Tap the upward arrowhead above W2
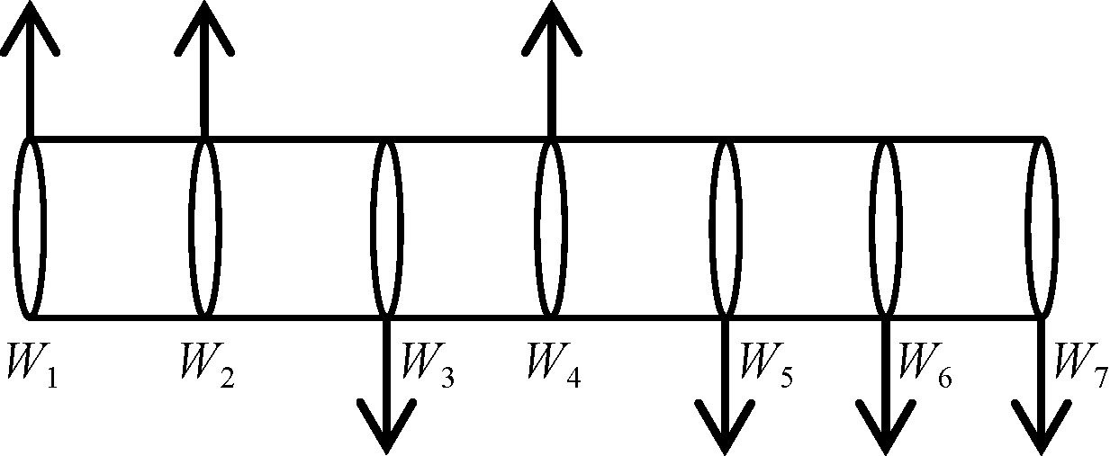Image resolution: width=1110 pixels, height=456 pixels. [204, 27]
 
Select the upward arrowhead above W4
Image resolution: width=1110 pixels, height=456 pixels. [552, 27]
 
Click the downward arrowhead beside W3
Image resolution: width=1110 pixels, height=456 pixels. [386, 427]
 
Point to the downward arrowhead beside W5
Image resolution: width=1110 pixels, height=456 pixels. [725, 427]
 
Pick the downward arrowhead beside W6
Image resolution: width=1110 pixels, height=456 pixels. [885, 427]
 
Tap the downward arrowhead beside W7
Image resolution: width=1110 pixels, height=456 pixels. [1042, 427]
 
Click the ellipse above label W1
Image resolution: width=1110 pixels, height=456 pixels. [30, 228]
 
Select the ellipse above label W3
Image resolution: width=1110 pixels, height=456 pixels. [387, 228]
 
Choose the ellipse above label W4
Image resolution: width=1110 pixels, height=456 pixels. [552, 228]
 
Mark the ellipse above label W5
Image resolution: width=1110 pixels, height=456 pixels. [726, 228]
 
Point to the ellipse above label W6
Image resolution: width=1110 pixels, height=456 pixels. [886, 228]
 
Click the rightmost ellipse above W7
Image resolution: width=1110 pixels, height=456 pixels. [1042, 228]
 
